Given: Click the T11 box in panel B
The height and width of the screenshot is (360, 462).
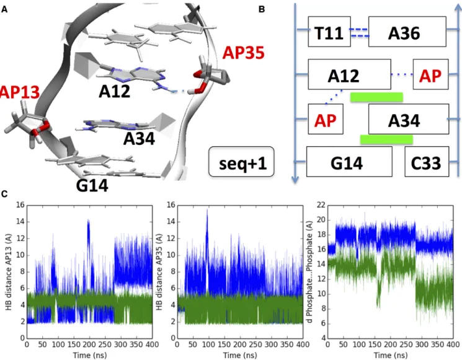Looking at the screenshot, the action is pyautogui.click(x=329, y=32).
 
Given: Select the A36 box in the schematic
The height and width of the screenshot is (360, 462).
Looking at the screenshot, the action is pyautogui.click(x=407, y=32).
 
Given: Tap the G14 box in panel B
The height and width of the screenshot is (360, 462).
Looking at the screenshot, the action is pyautogui.click(x=349, y=162).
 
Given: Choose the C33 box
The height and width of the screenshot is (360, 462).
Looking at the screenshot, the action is pyautogui.click(x=427, y=162).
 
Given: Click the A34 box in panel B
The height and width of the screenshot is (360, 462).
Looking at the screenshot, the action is pyautogui.click(x=409, y=119).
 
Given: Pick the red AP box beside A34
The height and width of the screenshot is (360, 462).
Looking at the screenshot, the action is pyautogui.click(x=326, y=119).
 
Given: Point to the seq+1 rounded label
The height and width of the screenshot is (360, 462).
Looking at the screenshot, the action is pyautogui.click(x=241, y=162).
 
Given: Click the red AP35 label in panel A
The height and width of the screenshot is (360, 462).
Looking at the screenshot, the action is pyautogui.click(x=243, y=53).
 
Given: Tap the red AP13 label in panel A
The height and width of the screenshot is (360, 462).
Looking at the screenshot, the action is pyautogui.click(x=19, y=92).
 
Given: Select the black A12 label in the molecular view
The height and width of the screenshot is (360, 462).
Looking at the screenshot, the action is pyautogui.click(x=114, y=92).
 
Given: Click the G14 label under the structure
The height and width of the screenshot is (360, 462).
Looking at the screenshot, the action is pyautogui.click(x=92, y=185).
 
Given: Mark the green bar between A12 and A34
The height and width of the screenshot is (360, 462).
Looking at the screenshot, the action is pyautogui.click(x=376, y=97).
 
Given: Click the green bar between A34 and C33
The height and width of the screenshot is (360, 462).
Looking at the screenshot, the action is pyautogui.click(x=386, y=139).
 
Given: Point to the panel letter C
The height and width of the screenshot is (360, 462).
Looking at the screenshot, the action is pyautogui.click(x=4, y=195).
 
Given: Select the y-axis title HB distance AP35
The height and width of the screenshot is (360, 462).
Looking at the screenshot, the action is pyautogui.click(x=159, y=271).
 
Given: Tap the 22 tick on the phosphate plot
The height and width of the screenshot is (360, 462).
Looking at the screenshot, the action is pyautogui.click(x=321, y=205).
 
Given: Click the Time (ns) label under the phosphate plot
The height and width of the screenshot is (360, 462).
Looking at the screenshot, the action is pyautogui.click(x=391, y=355).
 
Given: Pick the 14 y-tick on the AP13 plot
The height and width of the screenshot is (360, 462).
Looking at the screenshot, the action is pyautogui.click(x=20, y=222).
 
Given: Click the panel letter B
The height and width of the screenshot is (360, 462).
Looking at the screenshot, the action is pyautogui.click(x=262, y=9).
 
